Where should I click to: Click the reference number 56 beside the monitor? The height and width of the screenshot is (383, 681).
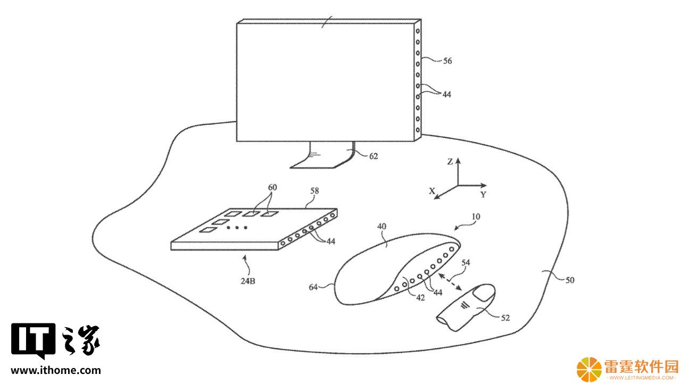(x=447, y=61)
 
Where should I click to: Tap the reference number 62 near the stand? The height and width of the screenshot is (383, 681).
(x=373, y=156)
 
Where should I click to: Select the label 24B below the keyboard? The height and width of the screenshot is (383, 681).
(x=248, y=281)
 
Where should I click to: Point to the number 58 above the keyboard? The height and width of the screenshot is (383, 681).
(x=314, y=191)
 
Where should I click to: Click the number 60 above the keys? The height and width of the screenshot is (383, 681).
(x=272, y=187)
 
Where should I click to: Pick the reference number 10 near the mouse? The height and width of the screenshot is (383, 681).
(x=476, y=217)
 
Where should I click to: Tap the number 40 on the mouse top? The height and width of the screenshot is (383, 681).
(x=381, y=227)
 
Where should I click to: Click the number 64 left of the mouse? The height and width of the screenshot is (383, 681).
(x=313, y=287)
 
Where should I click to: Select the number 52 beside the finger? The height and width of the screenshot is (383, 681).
(x=505, y=318)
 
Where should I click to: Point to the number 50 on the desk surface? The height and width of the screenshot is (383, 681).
(x=570, y=280)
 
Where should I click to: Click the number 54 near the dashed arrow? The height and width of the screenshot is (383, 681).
(x=466, y=263)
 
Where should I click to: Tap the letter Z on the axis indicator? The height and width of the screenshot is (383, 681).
(x=450, y=162)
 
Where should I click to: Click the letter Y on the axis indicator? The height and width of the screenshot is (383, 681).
(x=484, y=195)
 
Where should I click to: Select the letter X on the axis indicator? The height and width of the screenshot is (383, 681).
(x=431, y=191)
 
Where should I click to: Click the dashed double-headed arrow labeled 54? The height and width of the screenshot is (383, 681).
(x=450, y=282)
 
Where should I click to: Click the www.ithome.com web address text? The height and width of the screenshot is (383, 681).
(x=56, y=370)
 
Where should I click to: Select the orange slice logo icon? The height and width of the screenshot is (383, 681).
(x=589, y=370)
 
